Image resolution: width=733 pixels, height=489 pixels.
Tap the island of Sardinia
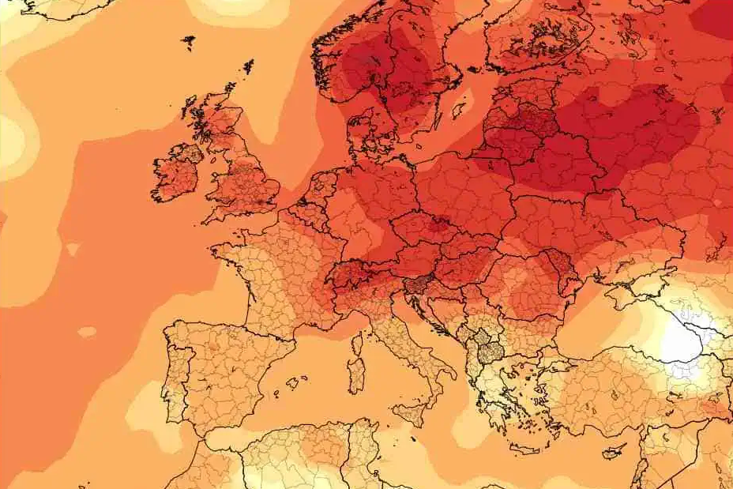tap(357, 371)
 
